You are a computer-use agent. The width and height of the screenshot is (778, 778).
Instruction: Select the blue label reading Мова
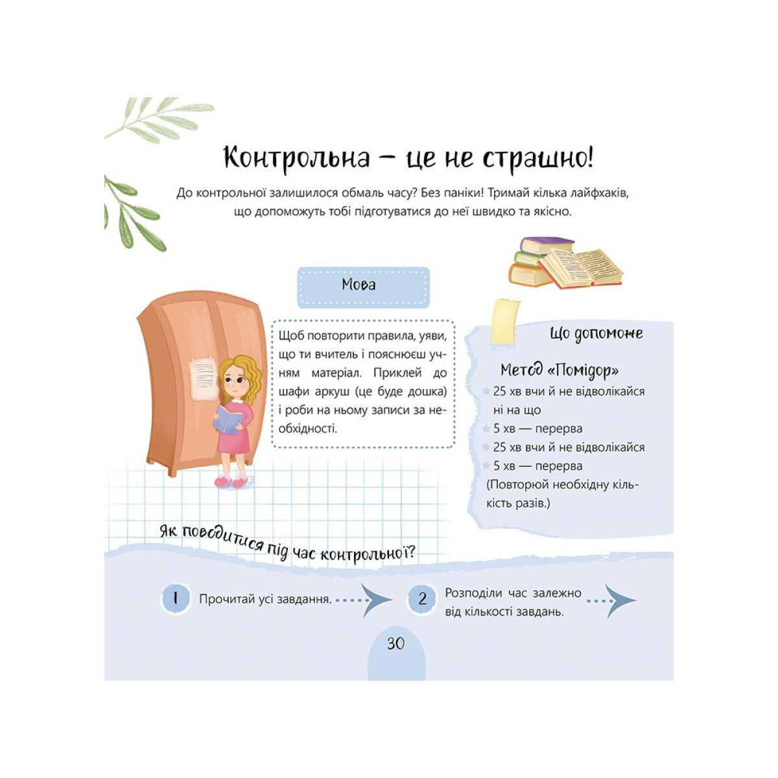[359, 285]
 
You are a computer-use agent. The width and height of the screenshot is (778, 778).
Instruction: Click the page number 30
[395, 643]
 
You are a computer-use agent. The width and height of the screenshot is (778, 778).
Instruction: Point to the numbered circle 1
[175, 598]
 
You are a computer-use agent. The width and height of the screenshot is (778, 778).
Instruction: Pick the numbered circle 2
[422, 598]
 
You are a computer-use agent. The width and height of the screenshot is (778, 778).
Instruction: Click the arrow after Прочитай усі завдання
[375, 600]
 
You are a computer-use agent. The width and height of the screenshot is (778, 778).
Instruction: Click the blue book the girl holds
[228, 418]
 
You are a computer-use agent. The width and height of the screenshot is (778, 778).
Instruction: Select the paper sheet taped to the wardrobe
[203, 380]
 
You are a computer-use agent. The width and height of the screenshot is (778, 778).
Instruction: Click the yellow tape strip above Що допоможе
[505, 322]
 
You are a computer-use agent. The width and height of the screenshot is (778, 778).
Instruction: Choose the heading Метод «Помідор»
[559, 371]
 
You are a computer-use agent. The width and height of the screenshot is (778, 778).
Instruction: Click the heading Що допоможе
[596, 334]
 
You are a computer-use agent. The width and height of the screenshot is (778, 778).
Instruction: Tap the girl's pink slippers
[231, 482]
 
